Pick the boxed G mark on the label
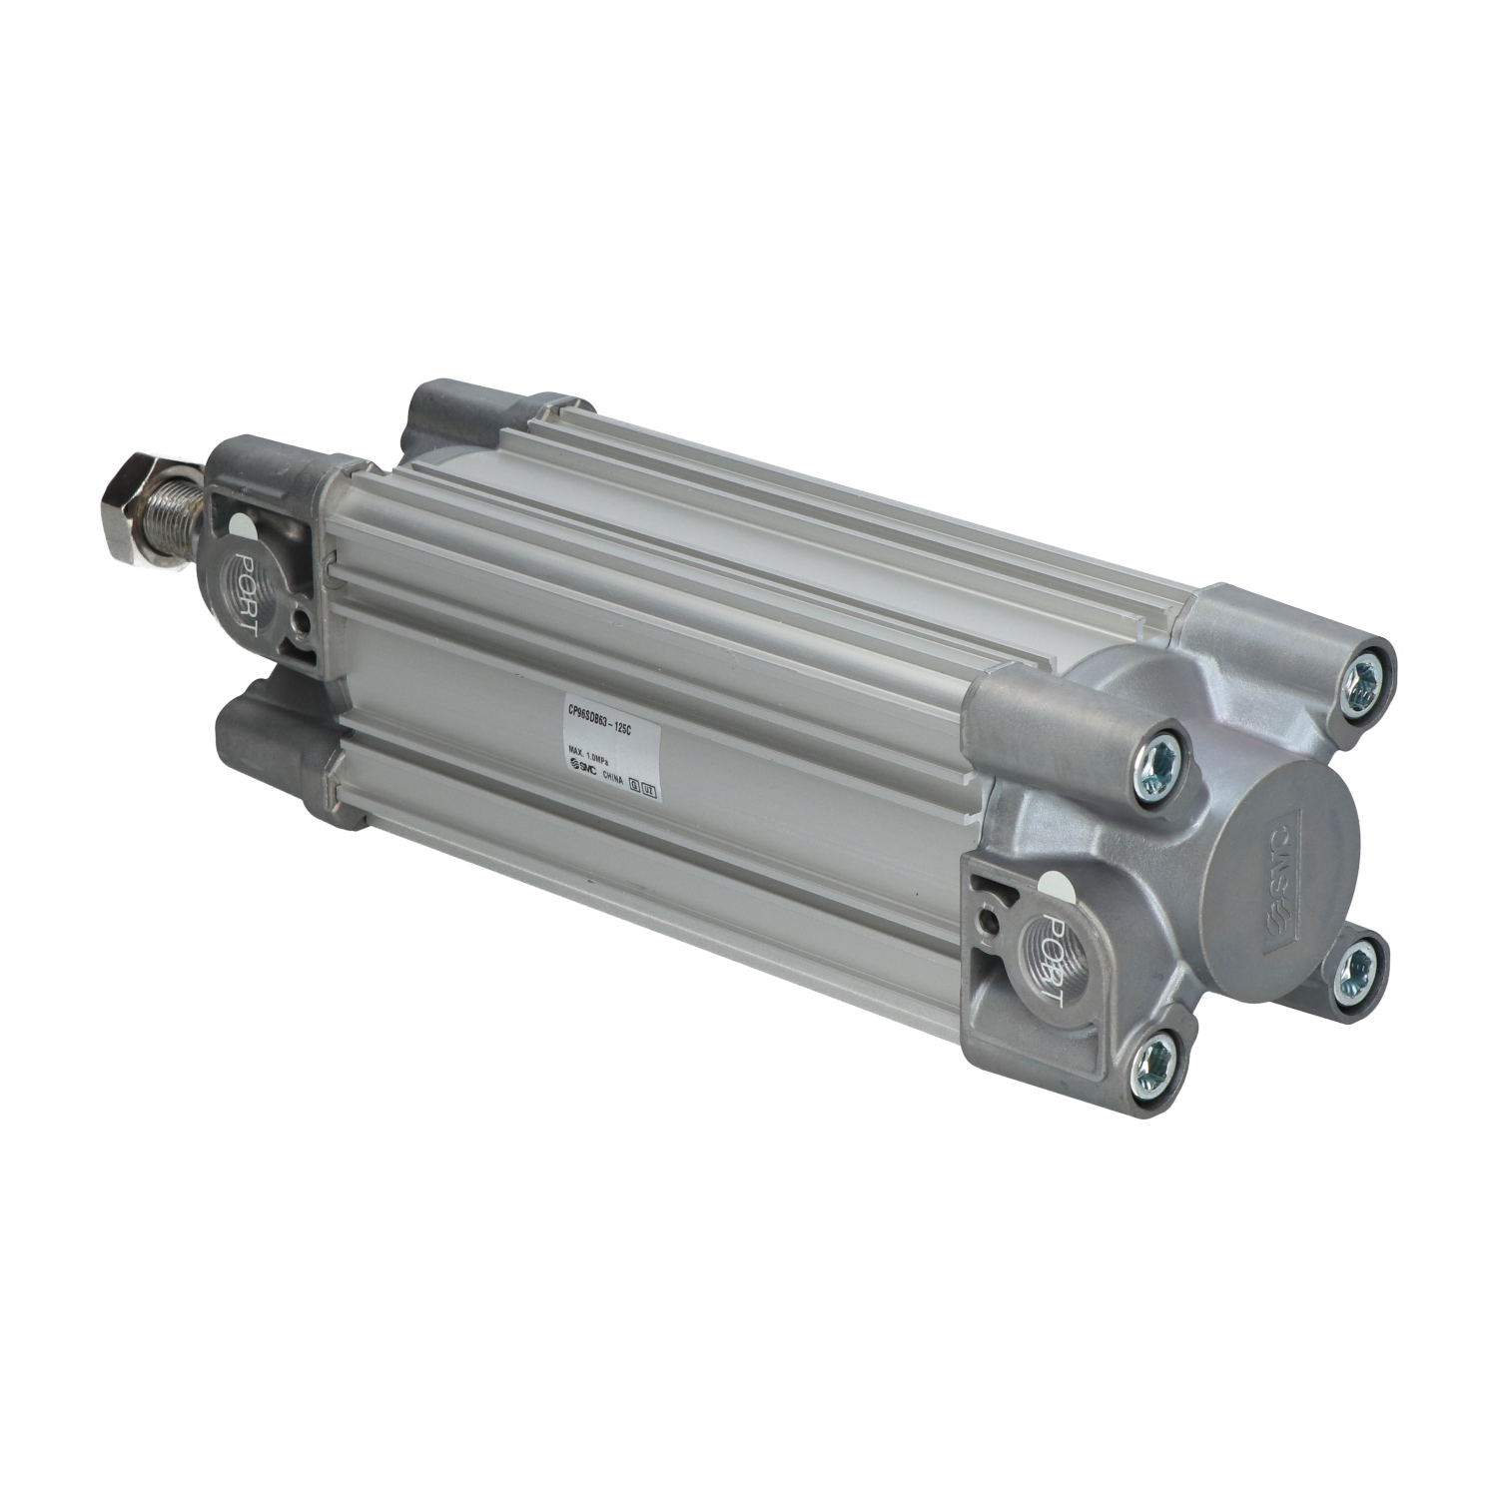633,785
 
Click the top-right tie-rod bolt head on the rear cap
1362,682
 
